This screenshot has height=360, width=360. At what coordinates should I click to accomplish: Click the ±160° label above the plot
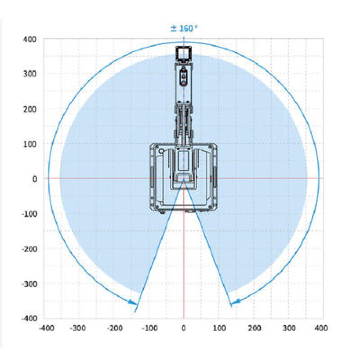tap(184, 29)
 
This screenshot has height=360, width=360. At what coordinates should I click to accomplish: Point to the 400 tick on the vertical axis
tap(30, 39)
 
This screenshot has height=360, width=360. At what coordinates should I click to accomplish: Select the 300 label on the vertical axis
tap(30, 74)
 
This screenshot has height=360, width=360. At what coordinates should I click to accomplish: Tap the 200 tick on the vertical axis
tap(30, 109)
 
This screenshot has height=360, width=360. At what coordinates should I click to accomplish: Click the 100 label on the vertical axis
tap(30, 144)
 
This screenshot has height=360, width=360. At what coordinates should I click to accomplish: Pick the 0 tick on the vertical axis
tap(35, 179)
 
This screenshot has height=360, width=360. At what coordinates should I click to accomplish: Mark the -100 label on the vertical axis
tap(29, 214)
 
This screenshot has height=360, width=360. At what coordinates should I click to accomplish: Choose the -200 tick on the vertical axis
tap(29, 249)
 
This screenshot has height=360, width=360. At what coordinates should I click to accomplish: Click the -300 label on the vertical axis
tap(29, 284)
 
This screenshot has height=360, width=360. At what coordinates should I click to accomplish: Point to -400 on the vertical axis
tap(29, 319)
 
